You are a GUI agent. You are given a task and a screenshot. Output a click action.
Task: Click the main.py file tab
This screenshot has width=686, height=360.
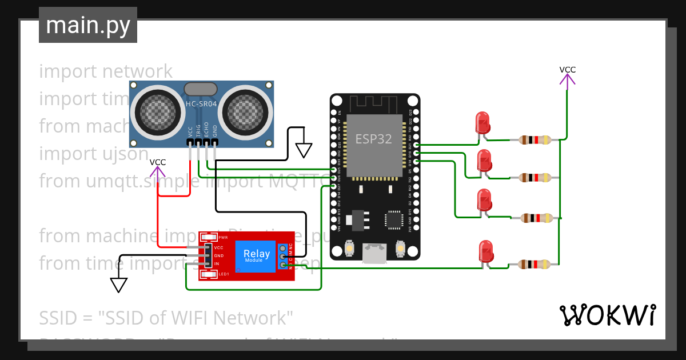point(87,25)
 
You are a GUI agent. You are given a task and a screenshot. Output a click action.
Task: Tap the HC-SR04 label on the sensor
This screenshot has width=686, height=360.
point(201,104)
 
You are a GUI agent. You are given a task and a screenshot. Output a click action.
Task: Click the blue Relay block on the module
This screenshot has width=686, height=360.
point(257,255)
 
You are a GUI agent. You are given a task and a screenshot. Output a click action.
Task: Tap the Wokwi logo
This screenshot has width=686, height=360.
point(607,315)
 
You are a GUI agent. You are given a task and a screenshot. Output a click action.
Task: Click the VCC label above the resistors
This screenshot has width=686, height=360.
point(567,70)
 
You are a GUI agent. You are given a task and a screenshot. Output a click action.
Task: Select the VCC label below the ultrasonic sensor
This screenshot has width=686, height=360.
point(158,162)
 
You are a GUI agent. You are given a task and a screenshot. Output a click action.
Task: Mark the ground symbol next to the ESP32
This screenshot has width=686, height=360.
point(304,150)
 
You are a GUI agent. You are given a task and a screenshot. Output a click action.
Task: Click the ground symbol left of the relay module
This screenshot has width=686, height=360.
point(118,285)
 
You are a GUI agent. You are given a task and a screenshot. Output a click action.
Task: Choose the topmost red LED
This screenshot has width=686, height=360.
point(482,123)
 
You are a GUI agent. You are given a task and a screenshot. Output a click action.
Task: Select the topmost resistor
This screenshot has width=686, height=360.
point(535,139)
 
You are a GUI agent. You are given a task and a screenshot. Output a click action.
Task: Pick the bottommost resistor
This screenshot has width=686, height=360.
point(535,264)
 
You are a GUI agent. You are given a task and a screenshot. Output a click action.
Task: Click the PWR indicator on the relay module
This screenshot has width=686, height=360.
point(209,237)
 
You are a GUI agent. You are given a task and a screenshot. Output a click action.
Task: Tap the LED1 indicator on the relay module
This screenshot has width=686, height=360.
point(209,274)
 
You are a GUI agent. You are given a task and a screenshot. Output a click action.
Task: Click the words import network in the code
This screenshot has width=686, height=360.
point(106,71)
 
